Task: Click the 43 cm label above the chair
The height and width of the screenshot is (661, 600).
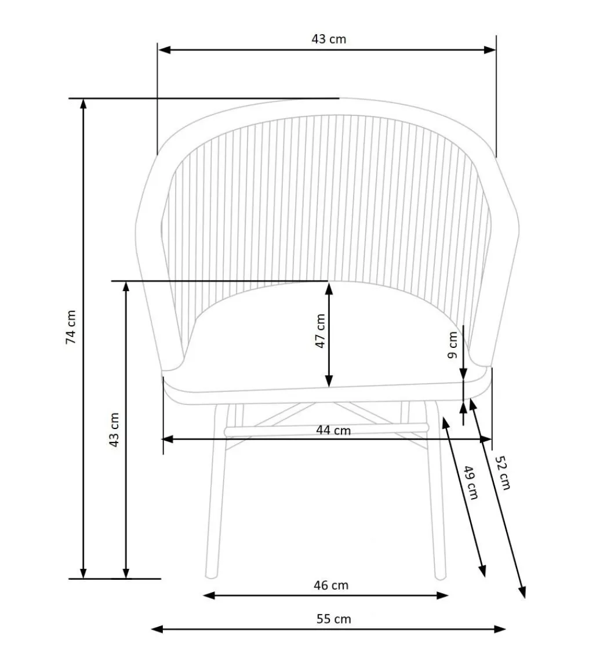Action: coord(329,39)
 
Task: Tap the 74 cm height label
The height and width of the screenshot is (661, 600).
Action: coord(71,327)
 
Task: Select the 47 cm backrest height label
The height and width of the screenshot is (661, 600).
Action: coord(321,331)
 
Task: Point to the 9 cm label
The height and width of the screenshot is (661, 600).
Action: coord(453,345)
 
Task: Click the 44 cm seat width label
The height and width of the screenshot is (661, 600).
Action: coord(333,430)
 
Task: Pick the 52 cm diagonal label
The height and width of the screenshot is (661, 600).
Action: coord(503,473)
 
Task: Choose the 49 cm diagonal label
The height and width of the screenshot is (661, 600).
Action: coord(471,482)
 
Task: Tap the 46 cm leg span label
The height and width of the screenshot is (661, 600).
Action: coord(331,585)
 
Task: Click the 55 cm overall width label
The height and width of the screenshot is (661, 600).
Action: coord(334,619)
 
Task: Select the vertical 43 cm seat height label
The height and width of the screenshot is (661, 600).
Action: coord(114,430)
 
